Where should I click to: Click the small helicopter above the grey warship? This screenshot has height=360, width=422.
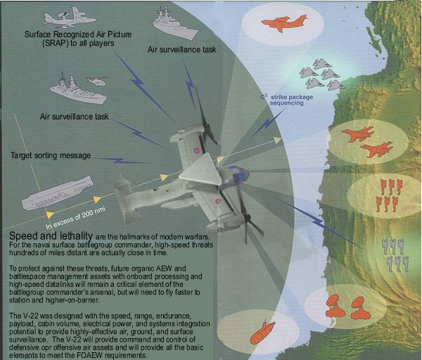click(x=97, y=81)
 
